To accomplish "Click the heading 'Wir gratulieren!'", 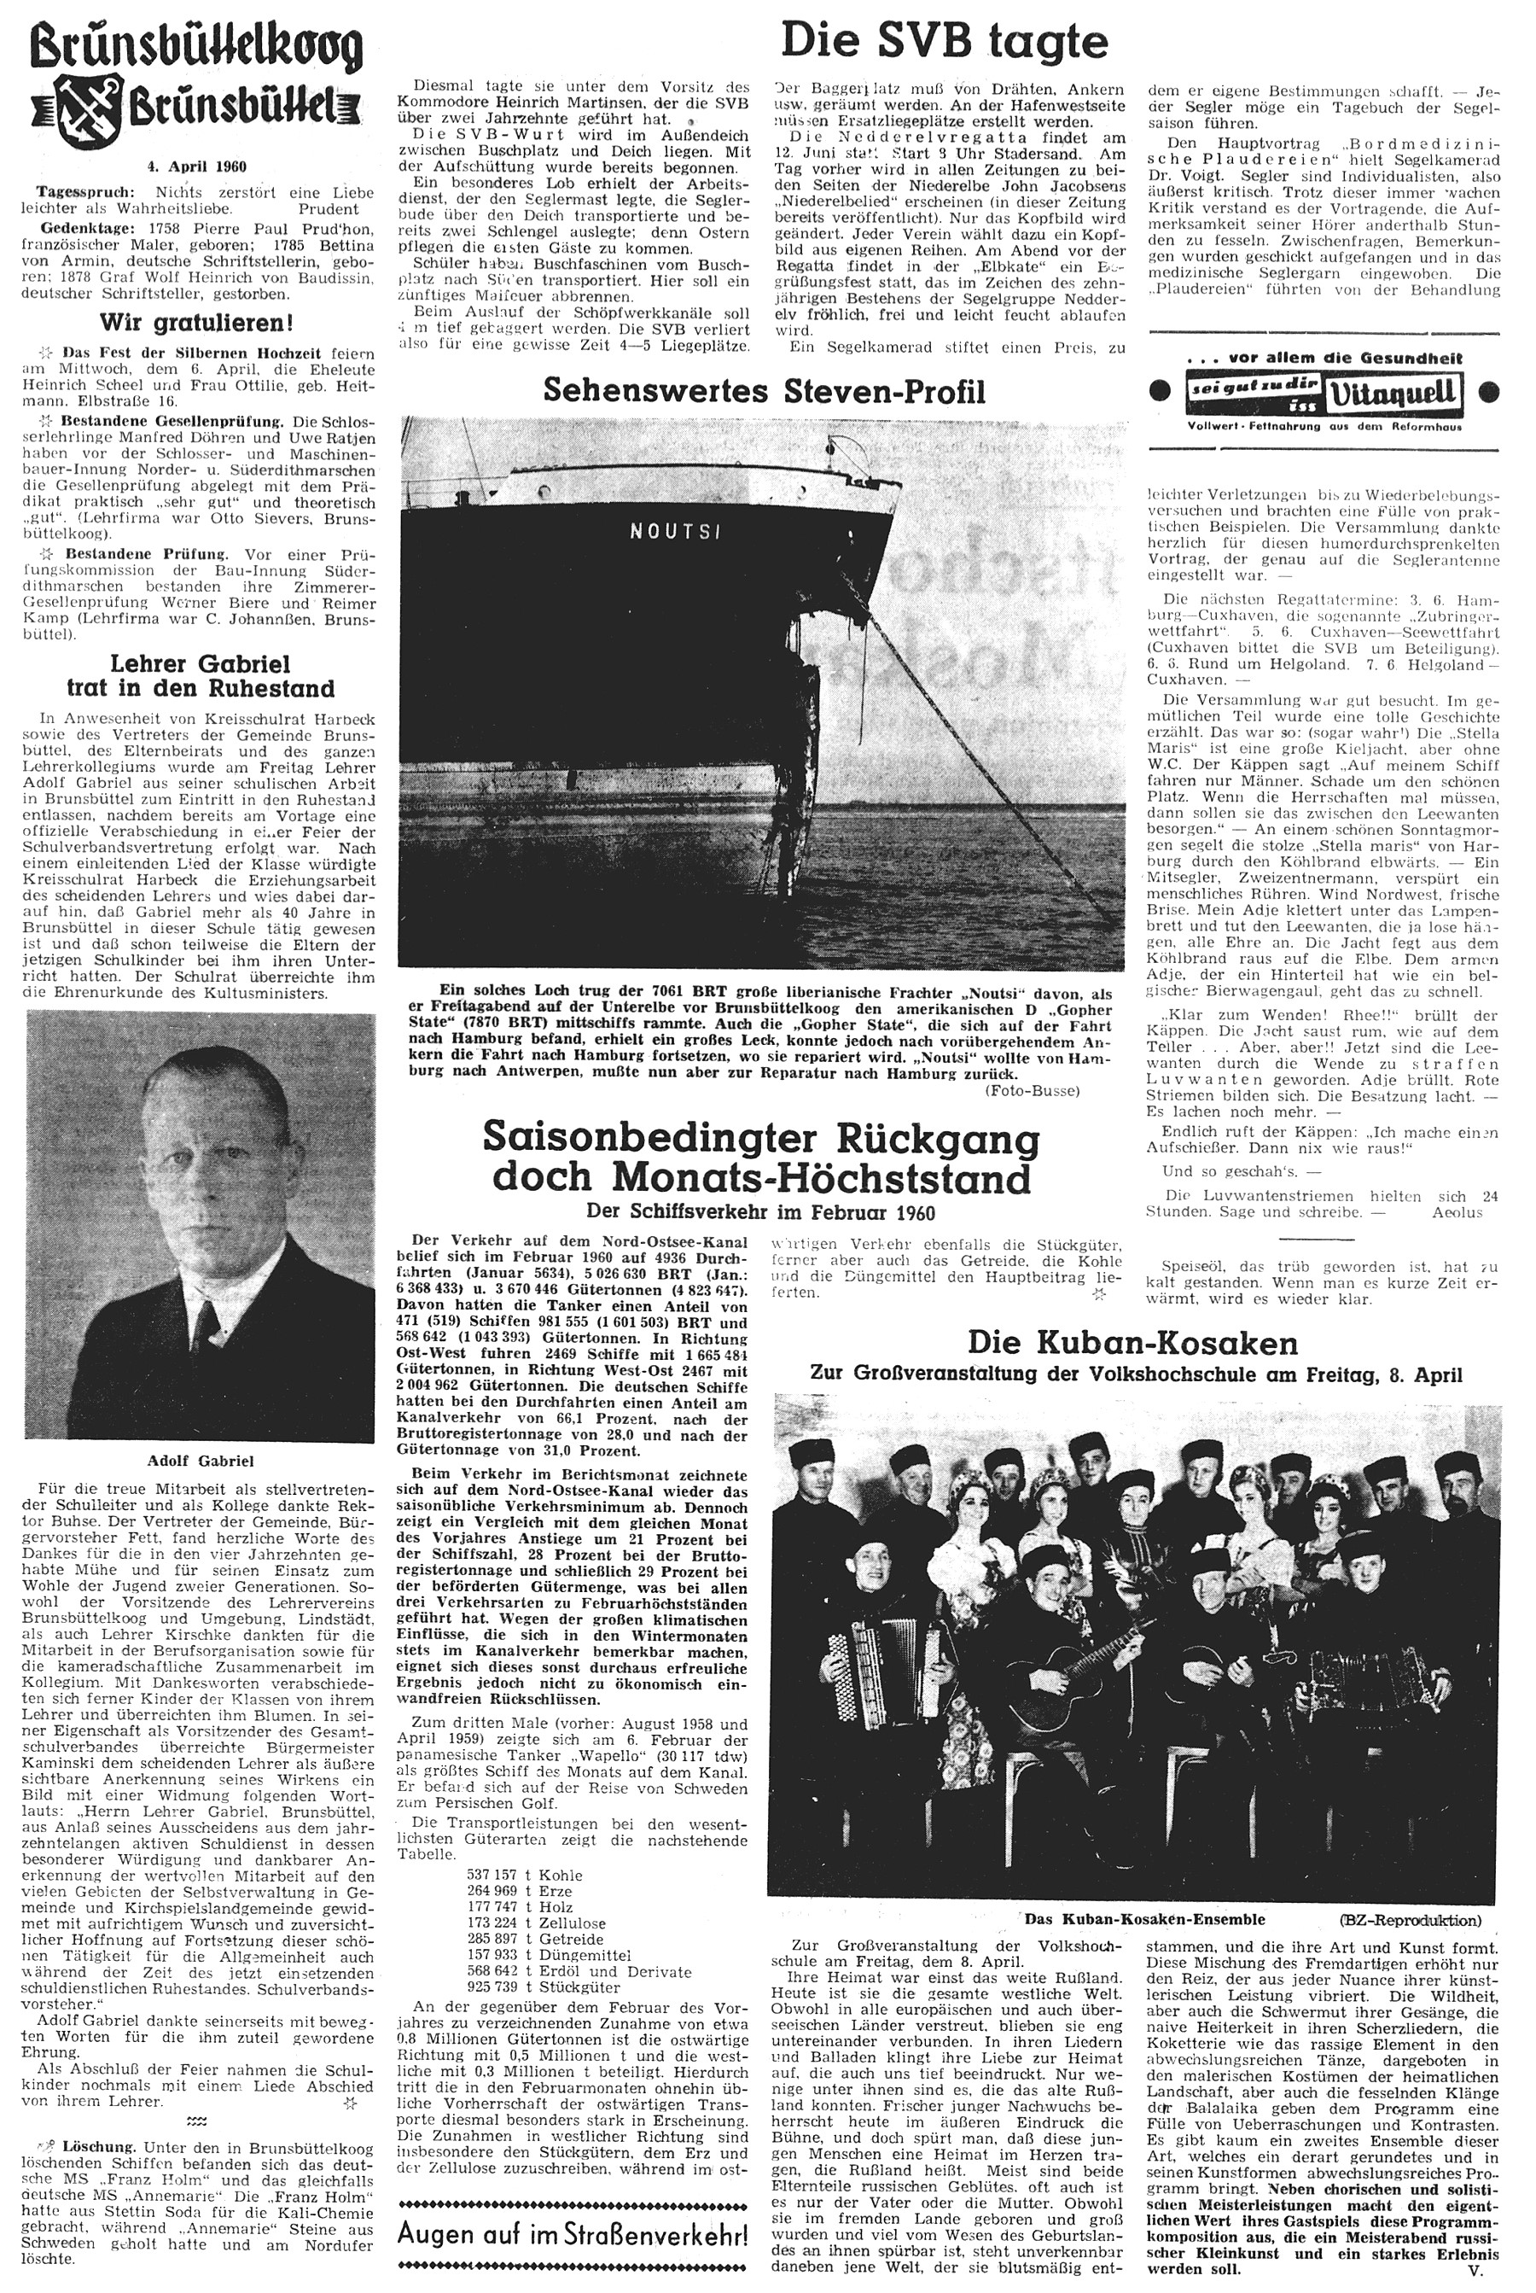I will click(197, 323).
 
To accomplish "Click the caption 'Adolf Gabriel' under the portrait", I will click(201, 1461).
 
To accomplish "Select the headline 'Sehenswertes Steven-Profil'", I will click(763, 392).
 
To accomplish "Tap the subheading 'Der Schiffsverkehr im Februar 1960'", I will click(761, 1208).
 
